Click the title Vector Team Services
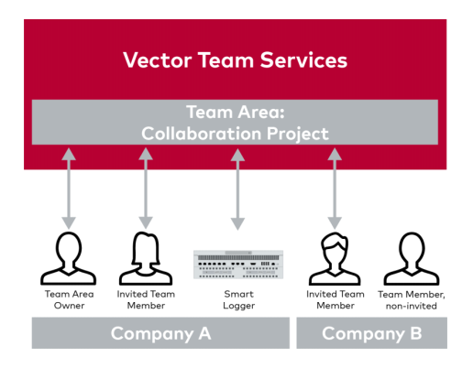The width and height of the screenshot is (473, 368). [235, 60]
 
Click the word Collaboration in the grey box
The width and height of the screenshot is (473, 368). [201, 134]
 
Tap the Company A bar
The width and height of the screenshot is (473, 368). [160, 333]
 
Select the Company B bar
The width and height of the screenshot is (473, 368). [371, 333]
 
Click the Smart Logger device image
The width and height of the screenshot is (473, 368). [238, 265]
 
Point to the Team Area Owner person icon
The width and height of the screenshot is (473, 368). [69, 258]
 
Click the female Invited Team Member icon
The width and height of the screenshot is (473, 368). [146, 258]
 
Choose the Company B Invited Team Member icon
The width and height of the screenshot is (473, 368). [335, 258]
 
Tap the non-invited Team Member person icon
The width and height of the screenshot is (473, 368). [412, 258]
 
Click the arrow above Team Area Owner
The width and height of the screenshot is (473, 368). [69, 189]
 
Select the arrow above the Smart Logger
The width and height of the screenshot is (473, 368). [237, 189]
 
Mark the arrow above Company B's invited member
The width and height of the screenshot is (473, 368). [335, 189]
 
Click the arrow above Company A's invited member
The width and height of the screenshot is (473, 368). [146, 189]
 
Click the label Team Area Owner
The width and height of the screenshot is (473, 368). [70, 299]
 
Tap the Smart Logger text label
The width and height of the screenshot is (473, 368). [238, 299]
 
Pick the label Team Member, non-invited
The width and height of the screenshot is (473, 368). [412, 300]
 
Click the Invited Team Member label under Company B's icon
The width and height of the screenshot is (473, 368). [335, 299]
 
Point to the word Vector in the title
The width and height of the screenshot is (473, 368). [158, 60]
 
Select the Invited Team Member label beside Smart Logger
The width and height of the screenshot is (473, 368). [146, 299]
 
